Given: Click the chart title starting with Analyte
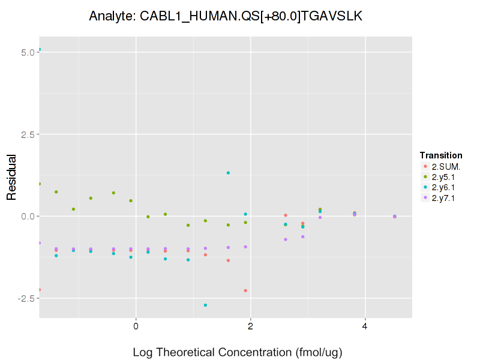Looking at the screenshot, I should [x=225, y=16].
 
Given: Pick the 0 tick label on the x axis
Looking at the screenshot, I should [x=136, y=326].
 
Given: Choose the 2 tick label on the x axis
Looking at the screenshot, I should [x=250, y=326].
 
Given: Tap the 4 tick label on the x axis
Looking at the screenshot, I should [x=365, y=326].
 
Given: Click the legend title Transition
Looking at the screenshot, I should [x=441, y=155].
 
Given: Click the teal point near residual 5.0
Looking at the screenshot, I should [x=40, y=49].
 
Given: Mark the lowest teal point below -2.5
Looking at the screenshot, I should [x=205, y=305].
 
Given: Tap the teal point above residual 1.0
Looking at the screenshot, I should [x=228, y=173].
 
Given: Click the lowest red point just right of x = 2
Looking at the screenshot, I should [x=245, y=290].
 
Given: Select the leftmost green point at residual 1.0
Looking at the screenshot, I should [x=40, y=184].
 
